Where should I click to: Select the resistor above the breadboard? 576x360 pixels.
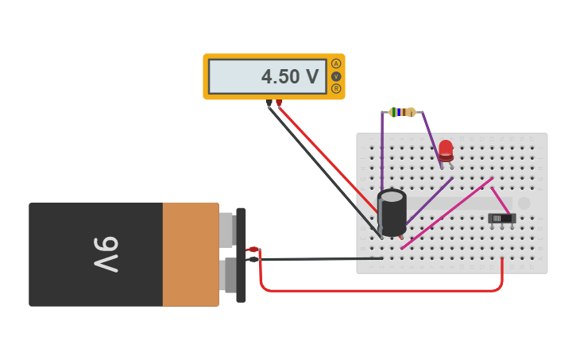pyautogui.click(x=403, y=112)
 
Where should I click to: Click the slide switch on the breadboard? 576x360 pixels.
pyautogui.click(x=501, y=218)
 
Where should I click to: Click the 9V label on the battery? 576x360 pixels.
pyautogui.click(x=106, y=254)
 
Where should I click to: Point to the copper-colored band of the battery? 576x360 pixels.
pyautogui.click(x=191, y=254)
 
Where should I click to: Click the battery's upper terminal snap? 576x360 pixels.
pyautogui.click(x=226, y=229)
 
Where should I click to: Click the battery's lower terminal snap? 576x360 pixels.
pyautogui.click(x=226, y=273)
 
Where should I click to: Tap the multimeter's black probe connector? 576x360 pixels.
pyautogui.click(x=269, y=103)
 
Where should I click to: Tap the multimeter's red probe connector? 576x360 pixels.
pyautogui.click(x=279, y=103)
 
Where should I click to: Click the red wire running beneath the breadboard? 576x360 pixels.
pyautogui.click(x=381, y=290)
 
